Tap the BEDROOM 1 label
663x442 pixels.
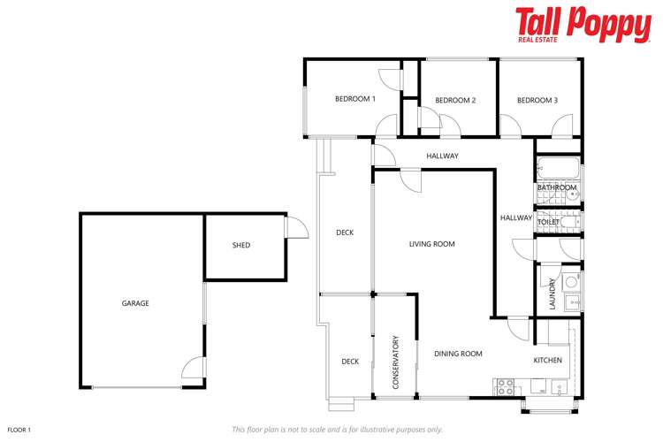[x=355, y=99]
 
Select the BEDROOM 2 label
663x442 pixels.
[x=455, y=100]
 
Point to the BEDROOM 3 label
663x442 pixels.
[x=537, y=100]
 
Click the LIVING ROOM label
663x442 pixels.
[x=431, y=244]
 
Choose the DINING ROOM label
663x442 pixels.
[x=458, y=354]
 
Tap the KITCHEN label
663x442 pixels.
[x=547, y=360]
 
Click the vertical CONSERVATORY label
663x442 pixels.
[x=395, y=362]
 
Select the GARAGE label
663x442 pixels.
[x=135, y=303]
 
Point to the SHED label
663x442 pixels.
[x=241, y=245]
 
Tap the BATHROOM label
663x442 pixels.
[x=557, y=187]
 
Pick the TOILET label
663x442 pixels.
[x=550, y=222]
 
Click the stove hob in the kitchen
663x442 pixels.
[x=505, y=385]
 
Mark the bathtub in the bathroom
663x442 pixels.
[x=558, y=169]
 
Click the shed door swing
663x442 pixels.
[x=296, y=229]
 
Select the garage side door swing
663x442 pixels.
[x=193, y=369]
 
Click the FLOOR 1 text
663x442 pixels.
[x=19, y=430]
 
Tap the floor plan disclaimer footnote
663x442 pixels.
[x=337, y=430]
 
